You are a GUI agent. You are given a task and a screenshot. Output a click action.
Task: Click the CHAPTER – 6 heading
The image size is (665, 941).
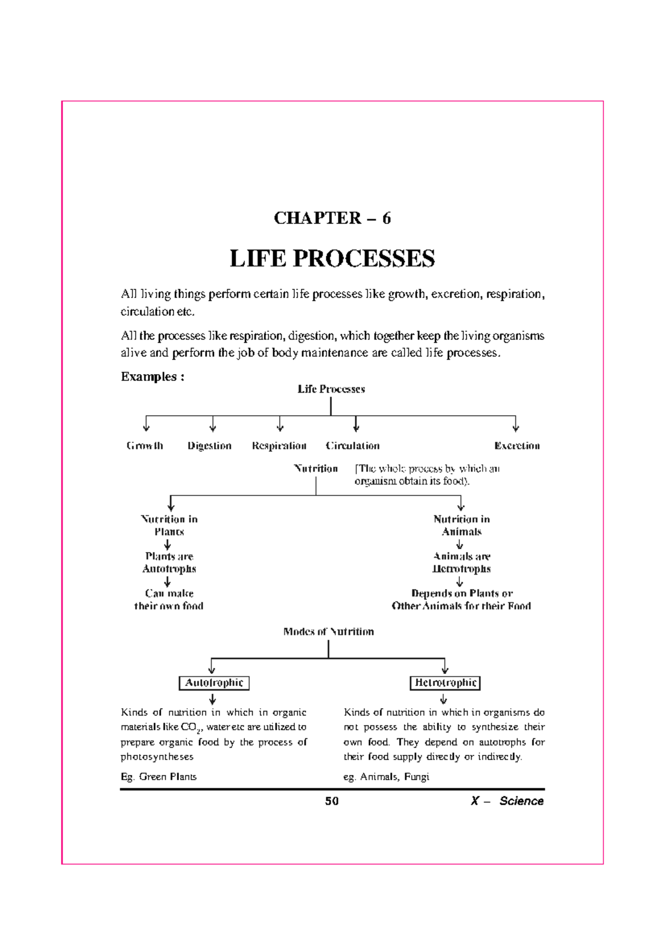point(332,218)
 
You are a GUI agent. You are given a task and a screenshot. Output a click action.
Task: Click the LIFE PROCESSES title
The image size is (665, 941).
point(332,258)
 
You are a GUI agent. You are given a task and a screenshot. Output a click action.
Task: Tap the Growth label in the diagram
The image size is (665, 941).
point(145,446)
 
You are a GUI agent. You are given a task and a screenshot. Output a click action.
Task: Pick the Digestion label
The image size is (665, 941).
point(209,446)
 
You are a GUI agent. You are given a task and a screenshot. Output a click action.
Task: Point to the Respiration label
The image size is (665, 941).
point(279,446)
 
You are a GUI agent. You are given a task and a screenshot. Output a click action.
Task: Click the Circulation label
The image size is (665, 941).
point(352,446)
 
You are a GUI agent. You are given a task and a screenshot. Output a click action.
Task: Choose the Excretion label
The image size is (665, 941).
point(516,446)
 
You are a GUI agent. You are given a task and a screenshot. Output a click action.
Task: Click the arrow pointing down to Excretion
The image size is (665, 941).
point(515,425)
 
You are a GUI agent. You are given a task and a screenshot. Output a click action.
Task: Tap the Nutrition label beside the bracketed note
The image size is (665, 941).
point(316,469)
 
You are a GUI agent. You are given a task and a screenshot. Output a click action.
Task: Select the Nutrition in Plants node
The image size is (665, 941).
point(169,525)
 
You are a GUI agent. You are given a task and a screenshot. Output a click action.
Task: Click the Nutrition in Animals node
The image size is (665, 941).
point(461,525)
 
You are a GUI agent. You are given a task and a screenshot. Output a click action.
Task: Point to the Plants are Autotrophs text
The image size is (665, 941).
point(169,562)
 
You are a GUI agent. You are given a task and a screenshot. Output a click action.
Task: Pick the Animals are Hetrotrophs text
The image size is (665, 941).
point(461,562)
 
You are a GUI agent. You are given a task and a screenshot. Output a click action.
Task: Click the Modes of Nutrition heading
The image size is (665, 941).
point(328,632)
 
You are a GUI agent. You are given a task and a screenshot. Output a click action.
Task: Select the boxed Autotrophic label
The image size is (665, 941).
point(214,683)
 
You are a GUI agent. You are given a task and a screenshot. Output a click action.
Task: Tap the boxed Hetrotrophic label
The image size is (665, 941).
point(445,683)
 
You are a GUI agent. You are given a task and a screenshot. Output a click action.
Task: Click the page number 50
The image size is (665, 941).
point(332,801)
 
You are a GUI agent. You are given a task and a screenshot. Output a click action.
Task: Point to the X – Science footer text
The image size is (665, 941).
point(507,801)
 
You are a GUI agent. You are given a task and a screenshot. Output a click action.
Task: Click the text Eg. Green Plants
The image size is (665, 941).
point(158,776)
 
